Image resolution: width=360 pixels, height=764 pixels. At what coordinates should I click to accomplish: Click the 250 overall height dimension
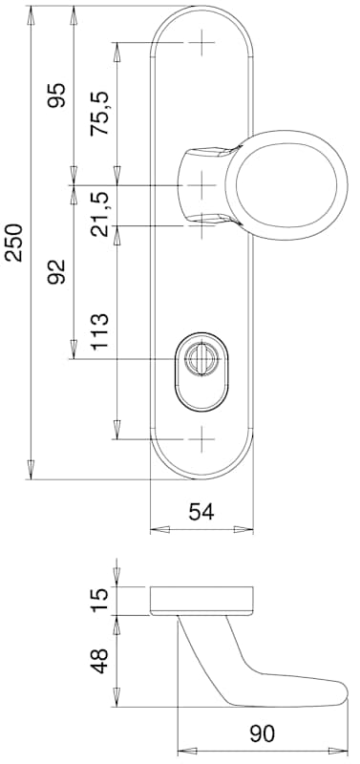(14, 243)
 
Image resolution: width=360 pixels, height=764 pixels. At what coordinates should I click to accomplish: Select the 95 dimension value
(56, 95)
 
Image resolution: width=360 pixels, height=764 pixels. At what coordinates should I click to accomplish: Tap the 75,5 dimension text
(100, 114)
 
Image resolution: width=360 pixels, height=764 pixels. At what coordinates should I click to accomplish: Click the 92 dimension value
(56, 272)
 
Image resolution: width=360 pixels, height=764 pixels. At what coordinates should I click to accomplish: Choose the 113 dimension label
(100, 331)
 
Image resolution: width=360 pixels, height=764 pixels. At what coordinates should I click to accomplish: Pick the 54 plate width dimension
(201, 512)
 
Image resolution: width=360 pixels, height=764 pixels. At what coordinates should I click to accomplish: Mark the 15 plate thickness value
(100, 601)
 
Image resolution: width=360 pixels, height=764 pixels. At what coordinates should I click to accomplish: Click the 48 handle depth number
(100, 661)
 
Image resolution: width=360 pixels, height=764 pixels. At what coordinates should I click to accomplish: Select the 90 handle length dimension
(262, 733)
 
